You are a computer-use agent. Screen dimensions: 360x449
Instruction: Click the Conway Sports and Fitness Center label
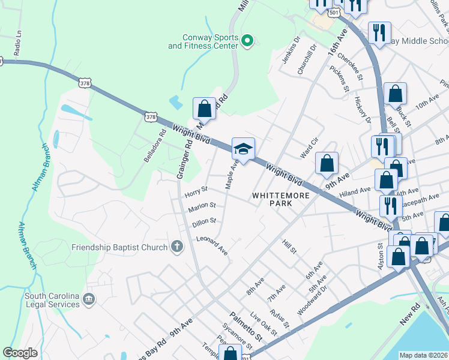pos(204,41)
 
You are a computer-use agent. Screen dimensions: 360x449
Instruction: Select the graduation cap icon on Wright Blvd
pos(243,149)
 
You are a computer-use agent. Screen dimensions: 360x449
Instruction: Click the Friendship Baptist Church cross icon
pos(176,247)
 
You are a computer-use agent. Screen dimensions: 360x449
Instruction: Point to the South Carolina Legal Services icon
pos(89,298)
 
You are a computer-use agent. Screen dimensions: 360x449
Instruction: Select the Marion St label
pos(202,206)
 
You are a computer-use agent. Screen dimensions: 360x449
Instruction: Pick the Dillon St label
pos(204,222)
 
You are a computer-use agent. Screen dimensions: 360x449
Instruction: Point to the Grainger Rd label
pos(184,159)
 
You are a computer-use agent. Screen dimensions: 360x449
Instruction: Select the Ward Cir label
pos(309,145)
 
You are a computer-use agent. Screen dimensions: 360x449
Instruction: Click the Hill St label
pos(289,246)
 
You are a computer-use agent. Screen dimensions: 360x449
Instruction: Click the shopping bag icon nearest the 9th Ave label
pos(327,164)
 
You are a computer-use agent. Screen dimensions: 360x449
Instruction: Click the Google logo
pos(20,353)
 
